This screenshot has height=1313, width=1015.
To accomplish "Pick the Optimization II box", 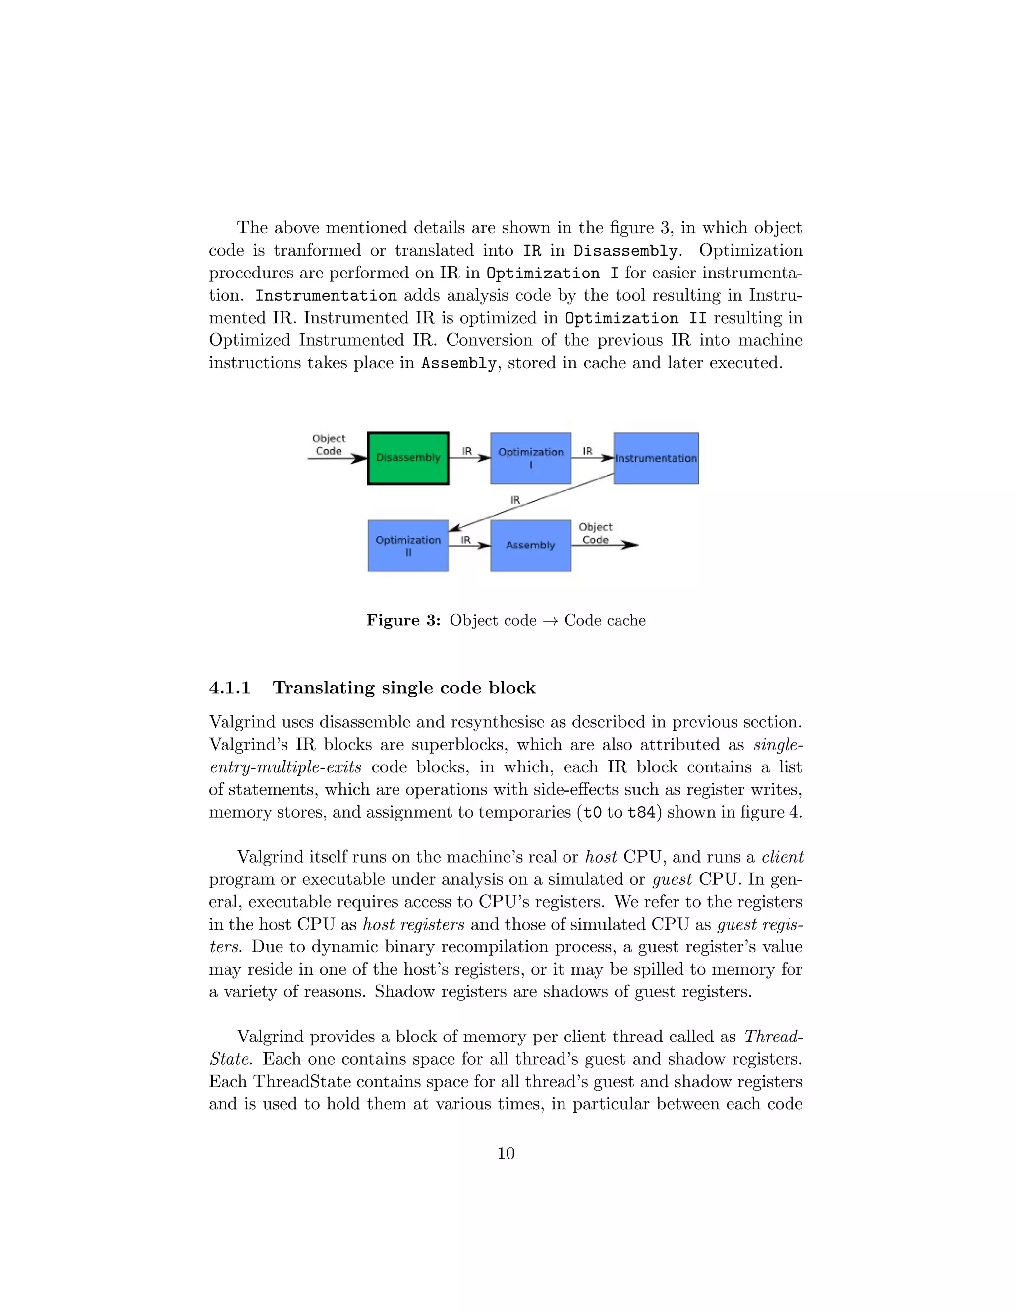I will [x=408, y=546].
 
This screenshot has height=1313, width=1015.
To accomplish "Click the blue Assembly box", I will [x=530, y=546].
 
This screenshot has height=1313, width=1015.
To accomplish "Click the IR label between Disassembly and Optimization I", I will [x=466, y=451].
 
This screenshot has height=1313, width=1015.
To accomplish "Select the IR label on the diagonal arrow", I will [x=515, y=499].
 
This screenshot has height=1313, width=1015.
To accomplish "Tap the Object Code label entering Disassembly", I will [x=328, y=445].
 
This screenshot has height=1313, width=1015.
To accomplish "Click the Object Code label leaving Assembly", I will [x=595, y=533].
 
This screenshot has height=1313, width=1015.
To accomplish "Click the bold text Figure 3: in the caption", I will [x=403, y=620].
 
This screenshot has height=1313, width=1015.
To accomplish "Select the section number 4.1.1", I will [x=229, y=688].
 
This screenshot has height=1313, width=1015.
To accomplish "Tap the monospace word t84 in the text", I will [x=641, y=812].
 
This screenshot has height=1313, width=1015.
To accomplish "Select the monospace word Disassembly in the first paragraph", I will [x=625, y=251].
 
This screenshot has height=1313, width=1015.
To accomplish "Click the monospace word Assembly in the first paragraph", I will [x=459, y=363].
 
